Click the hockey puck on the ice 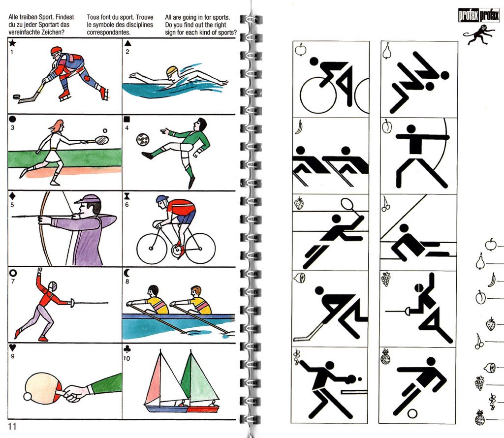pyautogui.click(x=17, y=97)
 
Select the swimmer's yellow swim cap pyautogui.click(x=172, y=71)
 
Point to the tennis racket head pyautogui.click(x=102, y=140)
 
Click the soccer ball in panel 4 pyautogui.click(x=142, y=139)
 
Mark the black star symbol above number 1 pyautogui.click(x=12, y=43)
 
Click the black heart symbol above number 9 pyautogui.click(x=12, y=347)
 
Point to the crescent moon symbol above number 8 pyautogui.click(x=127, y=273)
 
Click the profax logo pyautogui.click(x=479, y=16)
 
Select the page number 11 pyautogui.click(x=12, y=426)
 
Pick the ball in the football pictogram pyautogui.click(x=412, y=413)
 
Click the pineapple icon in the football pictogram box pyautogui.click(x=385, y=356)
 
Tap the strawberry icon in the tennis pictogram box pyautogui.click(x=299, y=203)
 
